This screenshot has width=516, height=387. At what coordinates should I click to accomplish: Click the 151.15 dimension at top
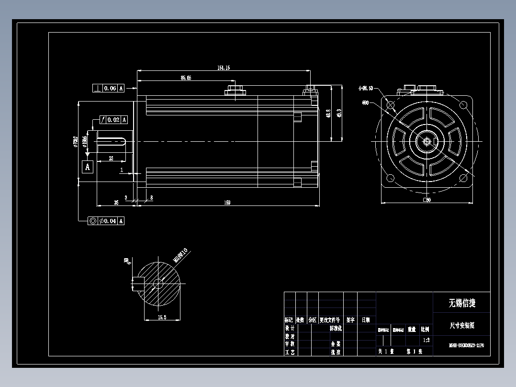click(x=224, y=68)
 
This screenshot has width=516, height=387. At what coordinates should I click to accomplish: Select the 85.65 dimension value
click(x=186, y=78)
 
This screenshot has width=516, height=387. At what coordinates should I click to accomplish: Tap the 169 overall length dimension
click(x=227, y=203)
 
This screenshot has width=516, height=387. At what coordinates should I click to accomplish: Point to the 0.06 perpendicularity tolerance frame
click(x=108, y=88)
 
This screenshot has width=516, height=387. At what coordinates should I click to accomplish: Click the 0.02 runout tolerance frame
click(x=113, y=120)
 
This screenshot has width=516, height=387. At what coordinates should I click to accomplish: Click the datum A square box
click(x=87, y=167)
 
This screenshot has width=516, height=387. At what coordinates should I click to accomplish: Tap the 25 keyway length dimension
click(x=111, y=158)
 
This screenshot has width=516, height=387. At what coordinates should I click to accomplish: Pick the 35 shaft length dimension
click(x=116, y=203)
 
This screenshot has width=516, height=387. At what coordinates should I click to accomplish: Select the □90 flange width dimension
click(x=427, y=200)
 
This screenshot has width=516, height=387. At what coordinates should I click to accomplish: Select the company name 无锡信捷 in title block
click(x=461, y=303)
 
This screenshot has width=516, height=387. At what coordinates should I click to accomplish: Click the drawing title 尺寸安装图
click(x=461, y=325)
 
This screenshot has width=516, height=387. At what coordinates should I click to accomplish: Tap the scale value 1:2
click(x=426, y=340)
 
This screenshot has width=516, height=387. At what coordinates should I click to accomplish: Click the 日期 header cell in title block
click(x=366, y=319)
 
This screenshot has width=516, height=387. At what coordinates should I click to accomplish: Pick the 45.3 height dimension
click(x=339, y=113)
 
